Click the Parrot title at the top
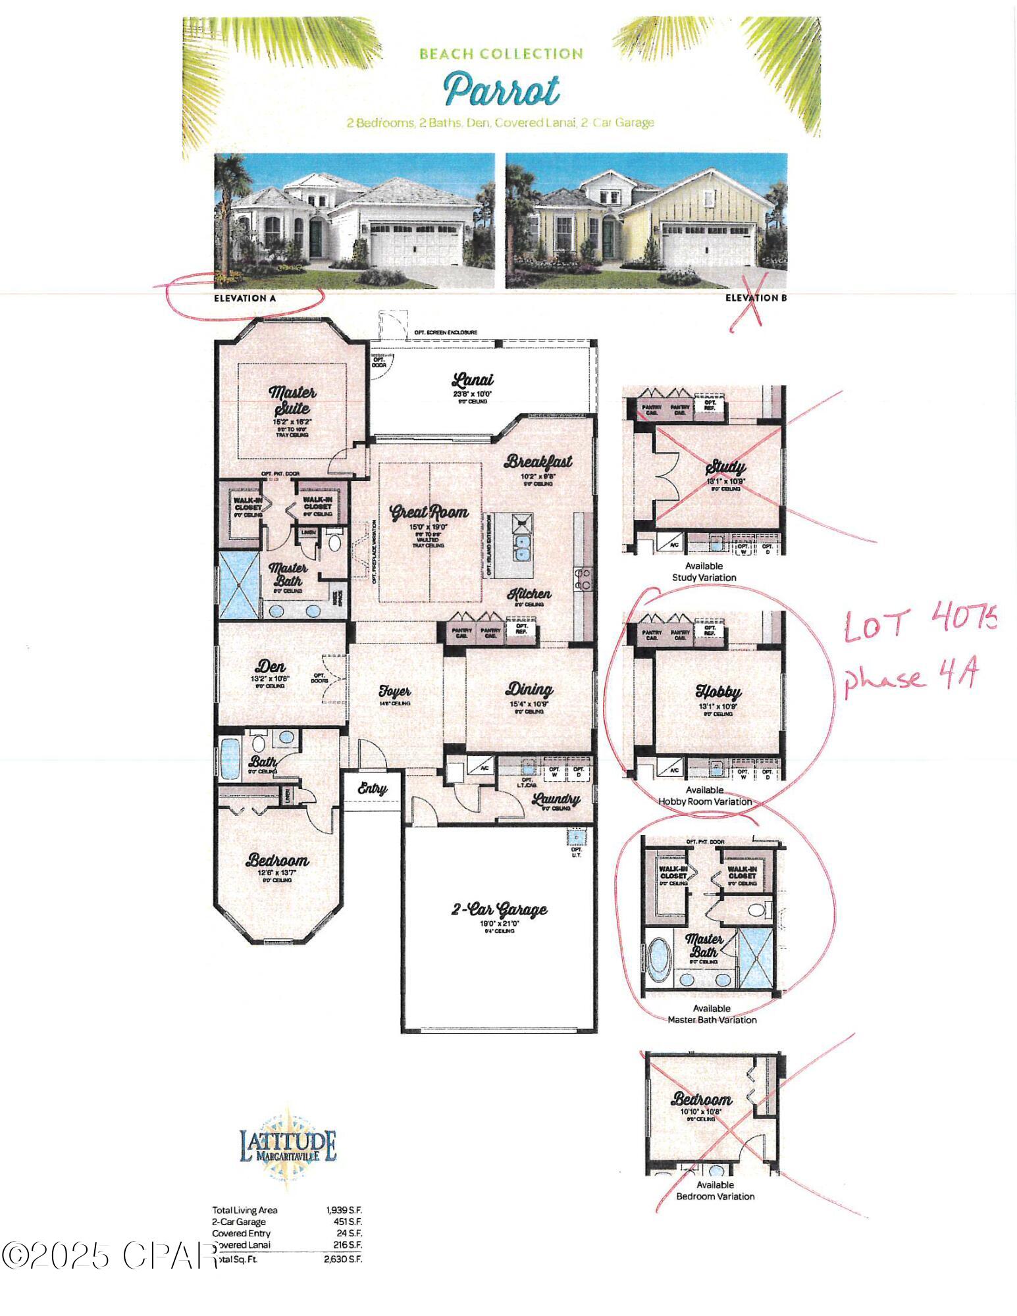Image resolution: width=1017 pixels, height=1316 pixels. (502, 90)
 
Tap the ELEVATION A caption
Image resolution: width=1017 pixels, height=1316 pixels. (245, 298)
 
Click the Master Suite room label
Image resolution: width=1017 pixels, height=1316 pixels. (292, 400)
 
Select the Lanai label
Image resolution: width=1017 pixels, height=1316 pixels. (473, 380)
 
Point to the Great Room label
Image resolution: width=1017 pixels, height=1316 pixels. (429, 512)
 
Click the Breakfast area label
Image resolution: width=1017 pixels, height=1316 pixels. (538, 461)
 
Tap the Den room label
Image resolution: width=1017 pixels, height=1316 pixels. (271, 666)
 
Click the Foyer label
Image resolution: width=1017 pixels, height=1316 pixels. (394, 692)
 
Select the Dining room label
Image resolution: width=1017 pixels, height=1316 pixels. (529, 690)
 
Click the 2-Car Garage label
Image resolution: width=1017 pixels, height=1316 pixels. (499, 909)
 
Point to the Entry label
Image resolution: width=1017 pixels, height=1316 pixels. (372, 788)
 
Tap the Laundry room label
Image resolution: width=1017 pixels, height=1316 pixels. (556, 799)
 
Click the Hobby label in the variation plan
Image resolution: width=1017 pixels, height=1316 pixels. (718, 692)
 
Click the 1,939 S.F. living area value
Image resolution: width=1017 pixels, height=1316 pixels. (344, 1210)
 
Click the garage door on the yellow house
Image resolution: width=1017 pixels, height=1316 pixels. (708, 243)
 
